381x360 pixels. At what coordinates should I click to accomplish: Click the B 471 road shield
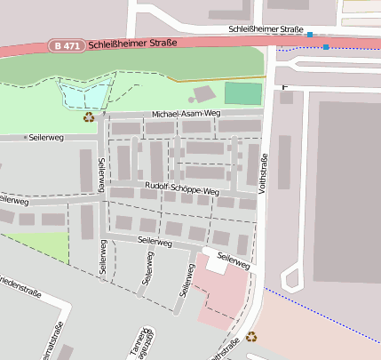click(x=67, y=45)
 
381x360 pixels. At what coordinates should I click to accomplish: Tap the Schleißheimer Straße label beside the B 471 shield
click(x=133, y=42)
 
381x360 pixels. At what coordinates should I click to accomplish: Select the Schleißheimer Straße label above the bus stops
click(x=266, y=29)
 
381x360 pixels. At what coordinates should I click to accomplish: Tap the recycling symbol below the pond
click(x=89, y=116)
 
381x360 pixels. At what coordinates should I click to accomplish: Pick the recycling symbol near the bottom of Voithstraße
click(x=252, y=336)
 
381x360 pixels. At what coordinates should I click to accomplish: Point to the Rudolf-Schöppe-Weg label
click(x=182, y=191)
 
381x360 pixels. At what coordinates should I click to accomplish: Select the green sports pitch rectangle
click(x=242, y=93)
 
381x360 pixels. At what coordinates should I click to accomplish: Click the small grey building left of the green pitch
click(x=204, y=92)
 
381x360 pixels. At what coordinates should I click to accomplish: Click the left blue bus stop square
click(x=310, y=35)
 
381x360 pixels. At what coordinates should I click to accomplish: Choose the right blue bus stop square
click(x=326, y=46)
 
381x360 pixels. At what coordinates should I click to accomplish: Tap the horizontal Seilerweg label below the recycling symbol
click(x=46, y=138)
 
